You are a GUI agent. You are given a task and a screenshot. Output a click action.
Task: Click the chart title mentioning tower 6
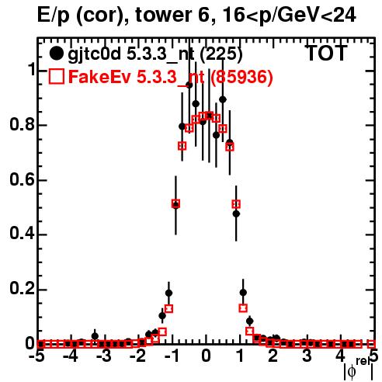(196, 16)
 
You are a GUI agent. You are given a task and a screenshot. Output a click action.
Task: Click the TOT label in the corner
(326, 53)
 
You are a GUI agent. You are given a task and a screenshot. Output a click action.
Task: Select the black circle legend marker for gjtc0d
(56, 54)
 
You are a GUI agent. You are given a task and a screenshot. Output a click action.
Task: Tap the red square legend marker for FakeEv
(57, 76)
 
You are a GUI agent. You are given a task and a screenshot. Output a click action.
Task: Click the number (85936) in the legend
(241, 77)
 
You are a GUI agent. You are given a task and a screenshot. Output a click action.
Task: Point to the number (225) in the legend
(221, 54)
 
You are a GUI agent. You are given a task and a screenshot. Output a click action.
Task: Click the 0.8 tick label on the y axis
(22, 125)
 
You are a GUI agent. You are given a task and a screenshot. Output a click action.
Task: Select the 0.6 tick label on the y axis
(22, 179)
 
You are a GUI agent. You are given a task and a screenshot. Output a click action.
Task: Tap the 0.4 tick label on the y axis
(22, 234)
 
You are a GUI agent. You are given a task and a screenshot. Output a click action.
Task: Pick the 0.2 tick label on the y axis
(22, 289)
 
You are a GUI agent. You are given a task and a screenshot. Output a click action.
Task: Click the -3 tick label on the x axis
(104, 356)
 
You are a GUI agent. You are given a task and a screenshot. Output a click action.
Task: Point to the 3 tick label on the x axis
(307, 356)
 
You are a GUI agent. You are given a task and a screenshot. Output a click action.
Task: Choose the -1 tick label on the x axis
(172, 356)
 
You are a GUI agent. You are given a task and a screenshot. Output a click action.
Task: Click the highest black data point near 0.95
(189, 85)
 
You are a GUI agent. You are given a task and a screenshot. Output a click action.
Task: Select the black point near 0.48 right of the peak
(236, 214)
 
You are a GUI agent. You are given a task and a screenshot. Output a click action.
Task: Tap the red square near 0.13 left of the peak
(168, 308)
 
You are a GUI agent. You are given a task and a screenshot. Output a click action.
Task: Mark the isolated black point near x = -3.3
(95, 336)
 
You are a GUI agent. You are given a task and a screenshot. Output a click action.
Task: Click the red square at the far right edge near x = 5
(371, 344)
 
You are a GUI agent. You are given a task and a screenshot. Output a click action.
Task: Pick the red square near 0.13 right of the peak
(243, 308)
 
